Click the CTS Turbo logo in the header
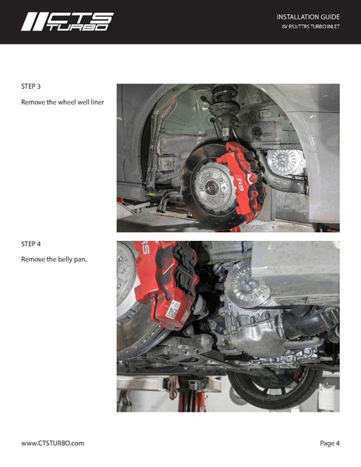[x=67, y=21]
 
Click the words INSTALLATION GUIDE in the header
[x=308, y=16]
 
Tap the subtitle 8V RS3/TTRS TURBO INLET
[x=310, y=28]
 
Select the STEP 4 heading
[x=30, y=244]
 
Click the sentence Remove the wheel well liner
[x=62, y=102]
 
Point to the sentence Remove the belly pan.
[x=53, y=259]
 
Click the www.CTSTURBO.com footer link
[x=52, y=443]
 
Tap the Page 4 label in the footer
[x=329, y=443]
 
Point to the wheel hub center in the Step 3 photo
[x=209, y=188]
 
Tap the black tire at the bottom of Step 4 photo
[x=273, y=390]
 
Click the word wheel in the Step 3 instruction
[x=69, y=102]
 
